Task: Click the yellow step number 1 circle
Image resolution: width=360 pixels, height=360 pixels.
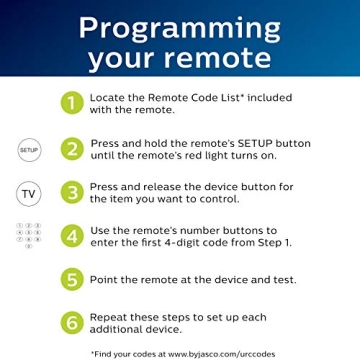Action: pyautogui.click(x=71, y=102)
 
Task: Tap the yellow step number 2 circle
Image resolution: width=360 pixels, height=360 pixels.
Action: pyautogui.click(x=71, y=149)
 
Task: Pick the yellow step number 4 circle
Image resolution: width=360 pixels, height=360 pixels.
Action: pyautogui.click(x=71, y=236)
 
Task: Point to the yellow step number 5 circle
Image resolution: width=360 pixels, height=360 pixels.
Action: pyautogui.click(x=71, y=279)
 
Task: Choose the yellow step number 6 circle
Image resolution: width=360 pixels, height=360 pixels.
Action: pyautogui.click(x=71, y=322)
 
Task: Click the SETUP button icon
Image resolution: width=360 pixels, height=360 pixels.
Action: pyautogui.click(x=29, y=149)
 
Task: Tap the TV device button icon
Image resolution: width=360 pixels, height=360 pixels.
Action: pyautogui.click(x=29, y=192)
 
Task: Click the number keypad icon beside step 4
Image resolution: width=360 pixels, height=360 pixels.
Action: pyautogui.click(x=29, y=235)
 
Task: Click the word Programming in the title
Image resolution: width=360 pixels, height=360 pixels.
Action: pyautogui.click(x=180, y=26)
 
